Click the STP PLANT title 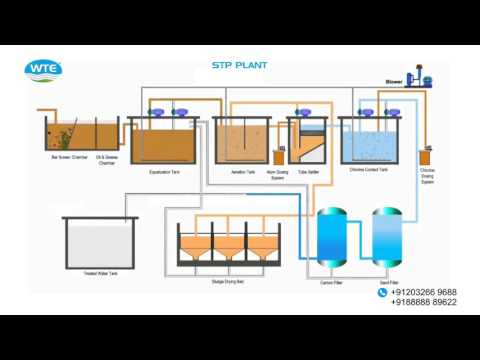tap(238, 66)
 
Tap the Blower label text tap(393, 81)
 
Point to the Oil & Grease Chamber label tap(106, 159)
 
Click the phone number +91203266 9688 tap(424, 292)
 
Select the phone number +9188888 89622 tap(424, 302)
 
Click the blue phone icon tap(382, 293)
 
